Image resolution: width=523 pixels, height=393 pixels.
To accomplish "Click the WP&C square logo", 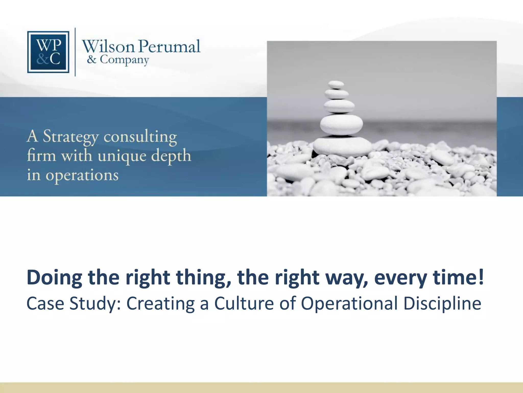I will [48, 52].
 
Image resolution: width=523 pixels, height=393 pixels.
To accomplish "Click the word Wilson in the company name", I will [108, 47].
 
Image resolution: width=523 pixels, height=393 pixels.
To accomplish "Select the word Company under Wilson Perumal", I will [124, 60].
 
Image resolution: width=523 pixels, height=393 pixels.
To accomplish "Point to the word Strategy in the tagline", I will [70, 137].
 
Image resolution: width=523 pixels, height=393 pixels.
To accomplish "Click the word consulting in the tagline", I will [140, 137].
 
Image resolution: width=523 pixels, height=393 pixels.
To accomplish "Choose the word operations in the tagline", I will [82, 176].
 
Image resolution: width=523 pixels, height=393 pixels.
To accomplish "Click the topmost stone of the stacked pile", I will [336, 84].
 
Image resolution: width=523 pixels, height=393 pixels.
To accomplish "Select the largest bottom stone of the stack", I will [342, 146].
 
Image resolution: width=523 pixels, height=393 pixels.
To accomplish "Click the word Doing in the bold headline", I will [54, 278].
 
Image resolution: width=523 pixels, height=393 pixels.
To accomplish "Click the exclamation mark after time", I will [481, 277].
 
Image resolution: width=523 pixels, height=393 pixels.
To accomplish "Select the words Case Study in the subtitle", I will [71, 303].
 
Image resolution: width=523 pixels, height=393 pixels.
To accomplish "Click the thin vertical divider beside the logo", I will [75, 52].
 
